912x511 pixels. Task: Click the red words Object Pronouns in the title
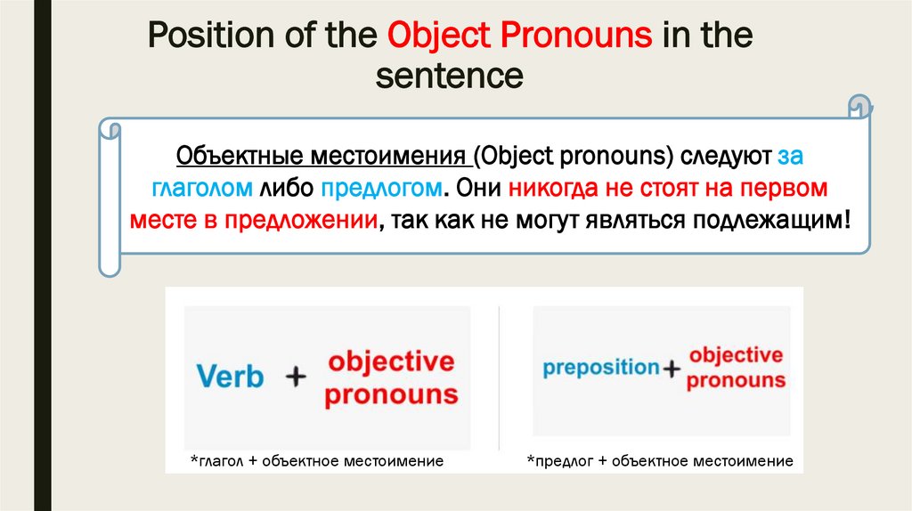point(520,37)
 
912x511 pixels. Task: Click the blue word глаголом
point(203,189)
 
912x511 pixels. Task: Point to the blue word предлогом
point(382,189)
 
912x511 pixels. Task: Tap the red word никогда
point(560,189)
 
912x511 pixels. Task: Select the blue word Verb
point(230,377)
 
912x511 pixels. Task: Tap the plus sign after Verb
point(294,377)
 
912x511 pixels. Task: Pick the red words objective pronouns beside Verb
point(391,378)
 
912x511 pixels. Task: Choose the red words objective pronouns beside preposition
point(737,367)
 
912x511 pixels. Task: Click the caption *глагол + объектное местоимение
point(316,461)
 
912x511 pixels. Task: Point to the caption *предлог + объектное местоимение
point(660,461)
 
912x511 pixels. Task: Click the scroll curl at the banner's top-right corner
point(859,106)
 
